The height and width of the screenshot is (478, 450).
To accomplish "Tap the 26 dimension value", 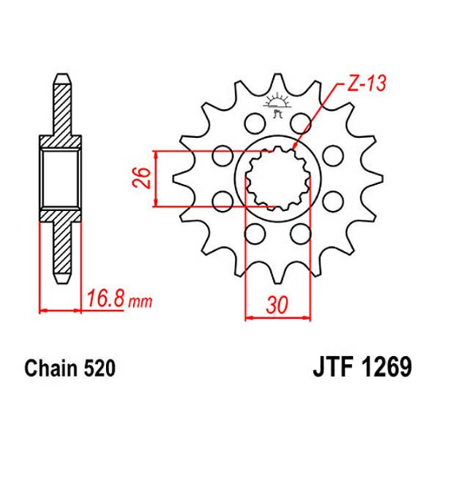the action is pos(142,178).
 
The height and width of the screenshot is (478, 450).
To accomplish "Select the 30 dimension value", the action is pos(277,305).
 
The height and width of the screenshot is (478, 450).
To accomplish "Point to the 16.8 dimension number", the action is pos(106,299).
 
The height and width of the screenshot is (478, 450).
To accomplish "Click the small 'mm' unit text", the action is pos(140,302).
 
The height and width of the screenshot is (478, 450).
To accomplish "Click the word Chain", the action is pos(51,368).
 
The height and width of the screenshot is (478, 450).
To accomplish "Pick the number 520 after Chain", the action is pos(99,368).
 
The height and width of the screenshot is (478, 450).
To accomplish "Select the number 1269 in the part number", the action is pos(387,366).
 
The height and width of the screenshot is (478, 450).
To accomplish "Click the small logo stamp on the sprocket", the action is pos(276,105).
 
